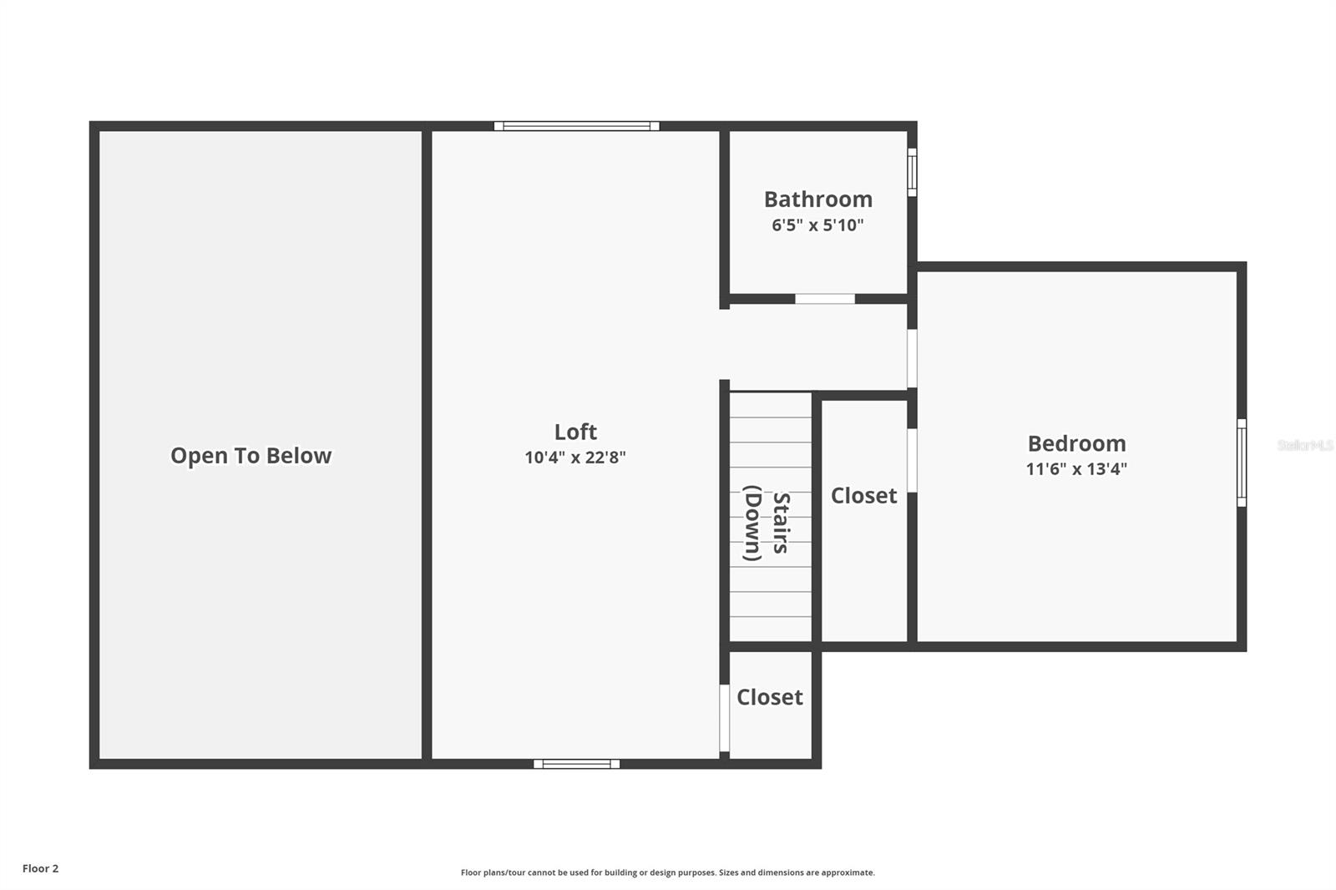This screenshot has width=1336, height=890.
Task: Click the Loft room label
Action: click(x=575, y=432)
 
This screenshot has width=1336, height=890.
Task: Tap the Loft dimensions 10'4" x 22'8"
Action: click(x=575, y=458)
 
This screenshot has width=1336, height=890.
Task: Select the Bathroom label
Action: click(x=817, y=200)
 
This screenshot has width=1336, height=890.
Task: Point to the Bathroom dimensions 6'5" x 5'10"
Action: click(x=817, y=225)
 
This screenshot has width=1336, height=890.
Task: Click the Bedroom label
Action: click(x=1076, y=443)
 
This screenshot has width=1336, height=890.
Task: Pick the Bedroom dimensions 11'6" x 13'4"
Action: click(x=1076, y=469)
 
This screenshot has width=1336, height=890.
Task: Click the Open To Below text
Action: click(x=250, y=456)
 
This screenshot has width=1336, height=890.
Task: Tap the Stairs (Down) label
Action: click(x=768, y=523)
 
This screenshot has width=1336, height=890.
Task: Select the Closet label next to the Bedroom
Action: click(x=863, y=496)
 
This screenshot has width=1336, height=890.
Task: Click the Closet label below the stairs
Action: click(x=769, y=697)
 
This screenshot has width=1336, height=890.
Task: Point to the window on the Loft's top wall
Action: click(x=576, y=126)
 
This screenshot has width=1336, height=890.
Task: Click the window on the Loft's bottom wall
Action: click(x=576, y=764)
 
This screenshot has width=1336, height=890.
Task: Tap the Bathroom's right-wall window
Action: click(x=913, y=173)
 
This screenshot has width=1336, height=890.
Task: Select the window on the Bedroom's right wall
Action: click(x=1242, y=463)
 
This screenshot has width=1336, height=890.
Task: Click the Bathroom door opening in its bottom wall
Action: click(x=824, y=299)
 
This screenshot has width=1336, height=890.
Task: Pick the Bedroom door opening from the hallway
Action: click(x=913, y=358)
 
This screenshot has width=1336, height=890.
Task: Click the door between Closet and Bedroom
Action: click(x=913, y=460)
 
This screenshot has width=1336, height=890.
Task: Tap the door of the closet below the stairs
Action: click(x=725, y=718)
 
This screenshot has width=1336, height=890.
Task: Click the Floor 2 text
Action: click(x=40, y=869)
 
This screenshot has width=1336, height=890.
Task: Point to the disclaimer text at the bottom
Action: click(x=667, y=873)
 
